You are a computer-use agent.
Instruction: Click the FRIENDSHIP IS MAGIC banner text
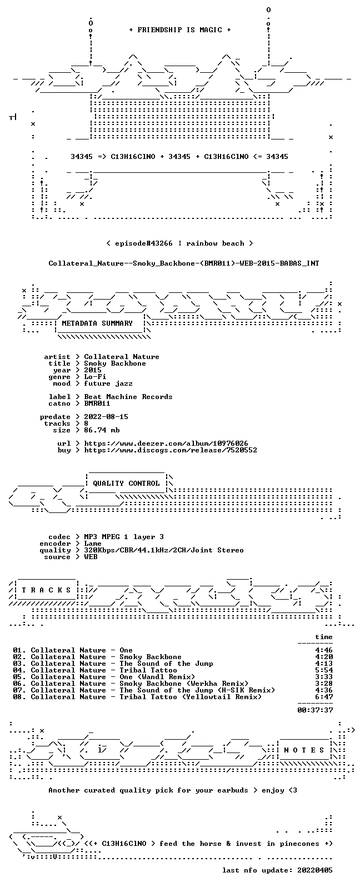tap(180, 29)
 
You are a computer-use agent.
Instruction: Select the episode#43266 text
tap(144, 243)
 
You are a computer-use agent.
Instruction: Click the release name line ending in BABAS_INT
tap(184, 263)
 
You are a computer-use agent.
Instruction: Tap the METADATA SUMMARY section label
tap(97, 323)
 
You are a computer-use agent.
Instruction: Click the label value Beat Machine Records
tap(128, 397)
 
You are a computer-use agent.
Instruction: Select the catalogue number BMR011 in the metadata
tap(97, 403)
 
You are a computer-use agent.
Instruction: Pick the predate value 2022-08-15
tap(106, 417)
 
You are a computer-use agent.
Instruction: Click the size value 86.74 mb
tap(102, 430)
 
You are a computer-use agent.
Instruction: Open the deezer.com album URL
tap(166, 443)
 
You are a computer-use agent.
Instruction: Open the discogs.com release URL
tap(171, 450)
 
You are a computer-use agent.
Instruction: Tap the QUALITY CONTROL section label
tap(126, 483)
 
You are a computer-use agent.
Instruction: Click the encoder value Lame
tap(93, 544)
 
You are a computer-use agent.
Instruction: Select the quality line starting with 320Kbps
tap(163, 550)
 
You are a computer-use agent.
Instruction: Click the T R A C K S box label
tap(46, 590)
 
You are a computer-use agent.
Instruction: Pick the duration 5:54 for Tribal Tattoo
tap(324, 670)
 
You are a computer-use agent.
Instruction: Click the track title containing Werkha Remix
tap(184, 684)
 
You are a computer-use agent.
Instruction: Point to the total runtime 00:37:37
tap(315, 710)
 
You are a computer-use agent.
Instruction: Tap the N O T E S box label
tap(304, 750)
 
